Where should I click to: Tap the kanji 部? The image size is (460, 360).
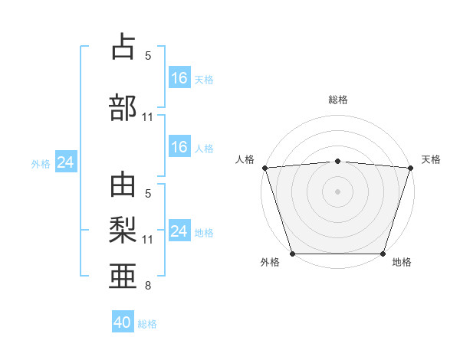(x=123, y=107)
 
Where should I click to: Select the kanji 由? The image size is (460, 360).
(x=123, y=186)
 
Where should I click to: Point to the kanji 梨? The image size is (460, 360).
(x=123, y=229)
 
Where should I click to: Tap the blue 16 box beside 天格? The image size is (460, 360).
(x=179, y=78)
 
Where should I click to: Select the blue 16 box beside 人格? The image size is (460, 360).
(x=179, y=147)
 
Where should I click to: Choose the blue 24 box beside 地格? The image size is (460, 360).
(x=179, y=231)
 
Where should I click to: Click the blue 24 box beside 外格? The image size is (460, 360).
(x=65, y=162)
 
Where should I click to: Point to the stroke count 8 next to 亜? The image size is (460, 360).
(x=147, y=286)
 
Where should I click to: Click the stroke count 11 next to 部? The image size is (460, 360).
(x=147, y=117)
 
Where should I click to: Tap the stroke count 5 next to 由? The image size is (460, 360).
(x=147, y=194)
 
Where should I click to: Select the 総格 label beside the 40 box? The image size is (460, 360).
(x=147, y=324)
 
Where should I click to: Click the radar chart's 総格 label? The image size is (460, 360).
(x=337, y=100)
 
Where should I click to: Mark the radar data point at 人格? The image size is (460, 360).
(x=264, y=168)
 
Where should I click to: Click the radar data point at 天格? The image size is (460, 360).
(x=410, y=168)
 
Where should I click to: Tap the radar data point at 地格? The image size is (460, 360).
(x=383, y=254)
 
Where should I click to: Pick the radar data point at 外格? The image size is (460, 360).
(x=292, y=254)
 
